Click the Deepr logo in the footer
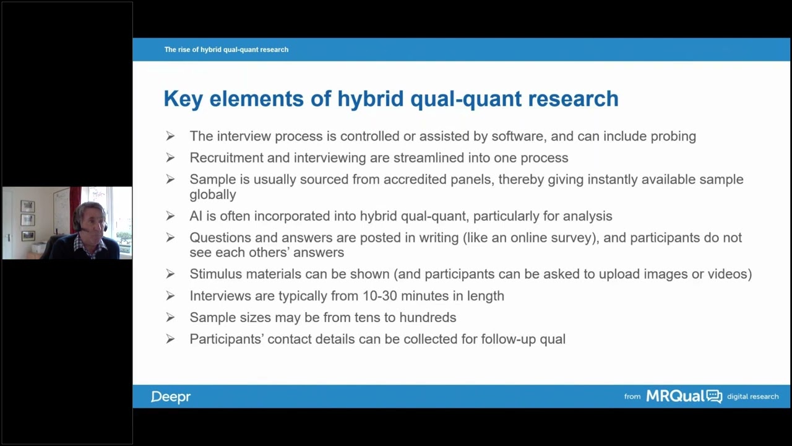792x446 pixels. pos(170,396)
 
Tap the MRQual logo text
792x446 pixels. pos(675,396)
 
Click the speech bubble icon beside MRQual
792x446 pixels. pos(714,396)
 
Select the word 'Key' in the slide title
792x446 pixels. pos(183,99)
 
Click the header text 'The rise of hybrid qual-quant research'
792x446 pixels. pos(226,50)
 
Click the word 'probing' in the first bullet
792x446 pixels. pos(673,136)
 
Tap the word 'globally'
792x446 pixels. pos(212,195)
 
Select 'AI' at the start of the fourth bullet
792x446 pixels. pos(196,216)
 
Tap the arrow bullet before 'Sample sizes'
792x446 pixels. pos(170,318)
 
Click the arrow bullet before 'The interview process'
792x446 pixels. pos(170,136)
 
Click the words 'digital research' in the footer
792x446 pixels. pos(752,396)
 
